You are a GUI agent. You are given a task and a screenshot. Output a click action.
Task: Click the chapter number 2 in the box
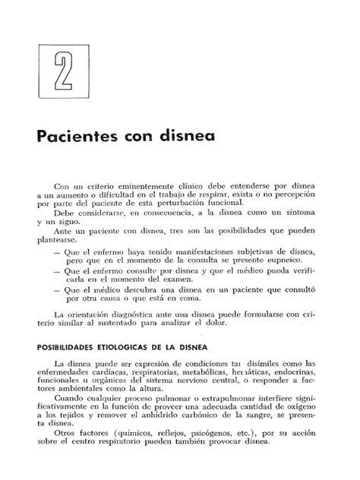[59, 72]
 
